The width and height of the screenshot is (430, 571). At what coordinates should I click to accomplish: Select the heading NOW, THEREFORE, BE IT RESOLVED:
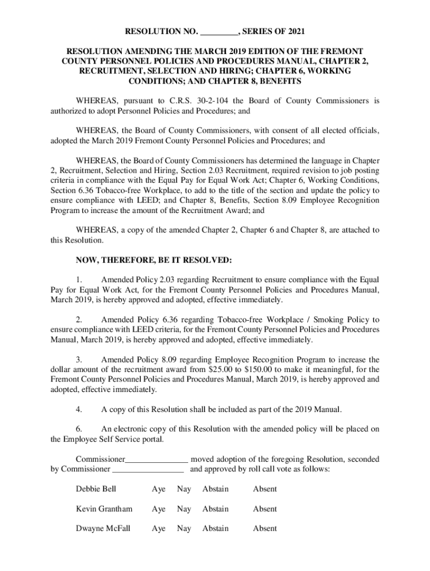pyautogui.click(x=154, y=260)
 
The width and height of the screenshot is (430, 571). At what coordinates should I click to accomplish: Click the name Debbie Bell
pyautogui.click(x=96, y=489)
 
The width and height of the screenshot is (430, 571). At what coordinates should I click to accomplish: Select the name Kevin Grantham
pyautogui.click(x=104, y=509)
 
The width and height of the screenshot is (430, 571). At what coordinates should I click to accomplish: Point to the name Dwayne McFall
pyautogui.click(x=103, y=528)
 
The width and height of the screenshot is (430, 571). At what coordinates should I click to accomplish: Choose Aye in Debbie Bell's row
pyautogui.click(x=159, y=489)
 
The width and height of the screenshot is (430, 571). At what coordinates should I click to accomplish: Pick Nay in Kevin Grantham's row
pyautogui.click(x=184, y=509)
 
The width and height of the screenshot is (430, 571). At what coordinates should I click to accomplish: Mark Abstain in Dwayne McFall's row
pyautogui.click(x=215, y=528)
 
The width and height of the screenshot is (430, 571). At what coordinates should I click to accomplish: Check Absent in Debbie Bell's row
pyautogui.click(x=265, y=489)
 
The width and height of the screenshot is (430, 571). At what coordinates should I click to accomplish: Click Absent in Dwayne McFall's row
pyautogui.click(x=265, y=528)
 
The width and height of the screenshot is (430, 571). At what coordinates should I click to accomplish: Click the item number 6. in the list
pyautogui.click(x=79, y=429)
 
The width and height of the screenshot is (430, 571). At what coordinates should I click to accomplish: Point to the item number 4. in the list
pyautogui.click(x=79, y=409)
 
